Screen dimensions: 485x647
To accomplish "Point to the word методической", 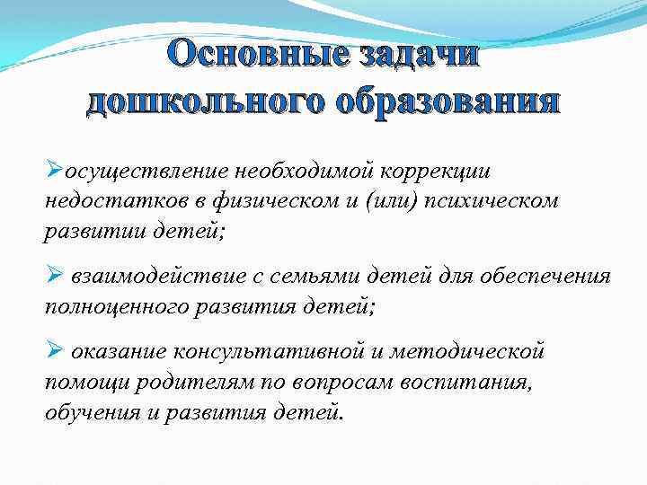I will point(476,353).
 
